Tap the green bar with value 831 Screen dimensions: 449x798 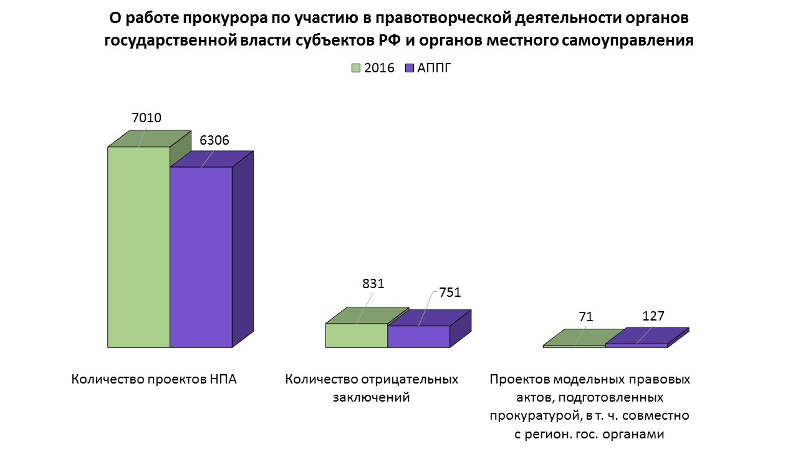356,335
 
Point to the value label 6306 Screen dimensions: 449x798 214,140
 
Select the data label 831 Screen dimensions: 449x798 373,283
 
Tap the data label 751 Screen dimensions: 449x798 449,292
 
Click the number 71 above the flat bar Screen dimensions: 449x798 585,317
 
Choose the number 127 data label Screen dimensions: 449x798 653,316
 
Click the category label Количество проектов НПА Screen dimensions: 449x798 154,379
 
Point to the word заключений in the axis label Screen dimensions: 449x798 372,397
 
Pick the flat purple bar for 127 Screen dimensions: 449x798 636,345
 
